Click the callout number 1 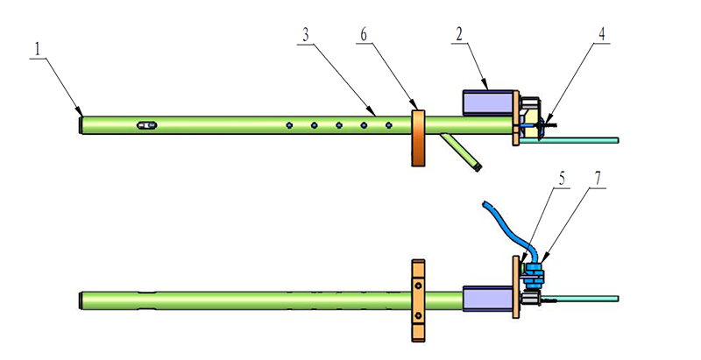[37, 46]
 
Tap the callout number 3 [305, 34]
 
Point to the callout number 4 [602, 34]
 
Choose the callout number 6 [363, 34]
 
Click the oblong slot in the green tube [146, 125]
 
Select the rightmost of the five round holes [388, 125]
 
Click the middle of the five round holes [339, 125]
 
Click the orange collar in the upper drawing [417, 138]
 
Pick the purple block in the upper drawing [486, 100]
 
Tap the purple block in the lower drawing [486, 298]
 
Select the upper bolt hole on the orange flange [419, 285]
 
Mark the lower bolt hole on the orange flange [419, 315]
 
